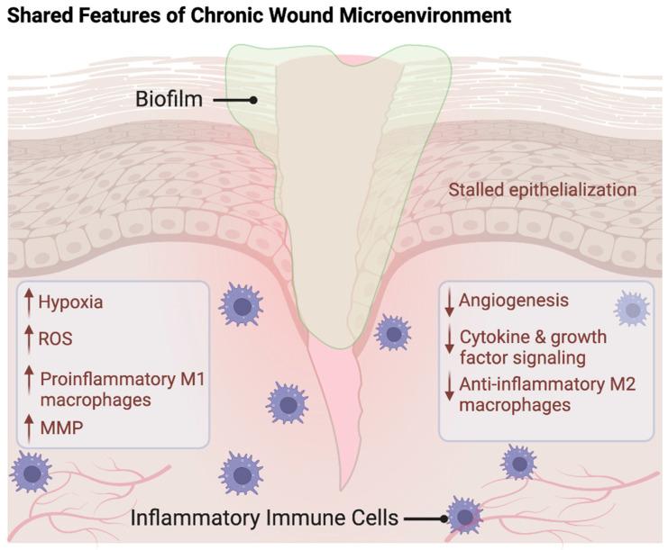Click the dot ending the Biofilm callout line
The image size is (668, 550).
click(254, 100)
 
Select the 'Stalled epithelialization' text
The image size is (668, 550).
click(543, 190)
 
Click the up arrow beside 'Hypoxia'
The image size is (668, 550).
click(30, 302)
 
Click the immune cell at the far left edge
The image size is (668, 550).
click(32, 471)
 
